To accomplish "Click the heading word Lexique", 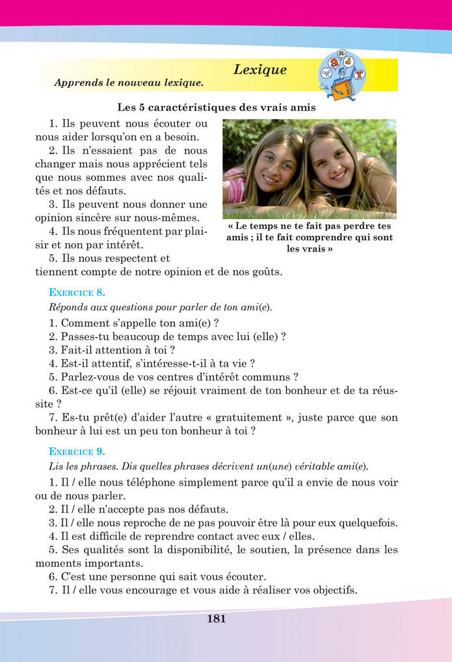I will coord(259,70).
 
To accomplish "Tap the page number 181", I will coord(217,619).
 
